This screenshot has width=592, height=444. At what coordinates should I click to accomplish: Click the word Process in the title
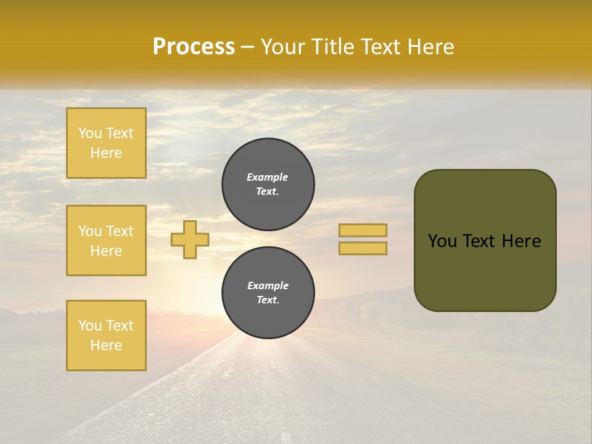click(194, 47)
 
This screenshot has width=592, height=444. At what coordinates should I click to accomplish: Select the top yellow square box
click(106, 143)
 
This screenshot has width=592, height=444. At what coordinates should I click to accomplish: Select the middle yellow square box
click(106, 240)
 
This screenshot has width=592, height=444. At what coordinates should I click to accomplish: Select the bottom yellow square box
click(106, 335)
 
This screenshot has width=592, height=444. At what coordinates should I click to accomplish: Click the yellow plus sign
click(190, 239)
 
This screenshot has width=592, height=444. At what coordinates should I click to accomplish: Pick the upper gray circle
click(268, 184)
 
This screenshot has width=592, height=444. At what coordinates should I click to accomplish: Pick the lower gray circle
click(268, 293)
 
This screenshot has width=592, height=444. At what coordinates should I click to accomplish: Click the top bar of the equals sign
click(363, 230)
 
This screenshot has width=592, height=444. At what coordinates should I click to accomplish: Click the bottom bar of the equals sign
click(363, 249)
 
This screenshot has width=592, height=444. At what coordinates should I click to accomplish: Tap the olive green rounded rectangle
click(485, 271)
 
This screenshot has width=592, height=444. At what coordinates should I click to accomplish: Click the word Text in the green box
click(485, 241)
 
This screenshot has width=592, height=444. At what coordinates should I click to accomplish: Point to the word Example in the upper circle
click(268, 177)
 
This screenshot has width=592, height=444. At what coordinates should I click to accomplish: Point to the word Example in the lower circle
click(268, 286)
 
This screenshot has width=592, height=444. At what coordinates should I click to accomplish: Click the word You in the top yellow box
click(90, 133)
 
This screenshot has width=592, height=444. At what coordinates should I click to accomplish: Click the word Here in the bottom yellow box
click(106, 345)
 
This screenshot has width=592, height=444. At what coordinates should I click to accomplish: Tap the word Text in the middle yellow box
click(119, 231)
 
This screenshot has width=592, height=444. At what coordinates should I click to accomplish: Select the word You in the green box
click(443, 241)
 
